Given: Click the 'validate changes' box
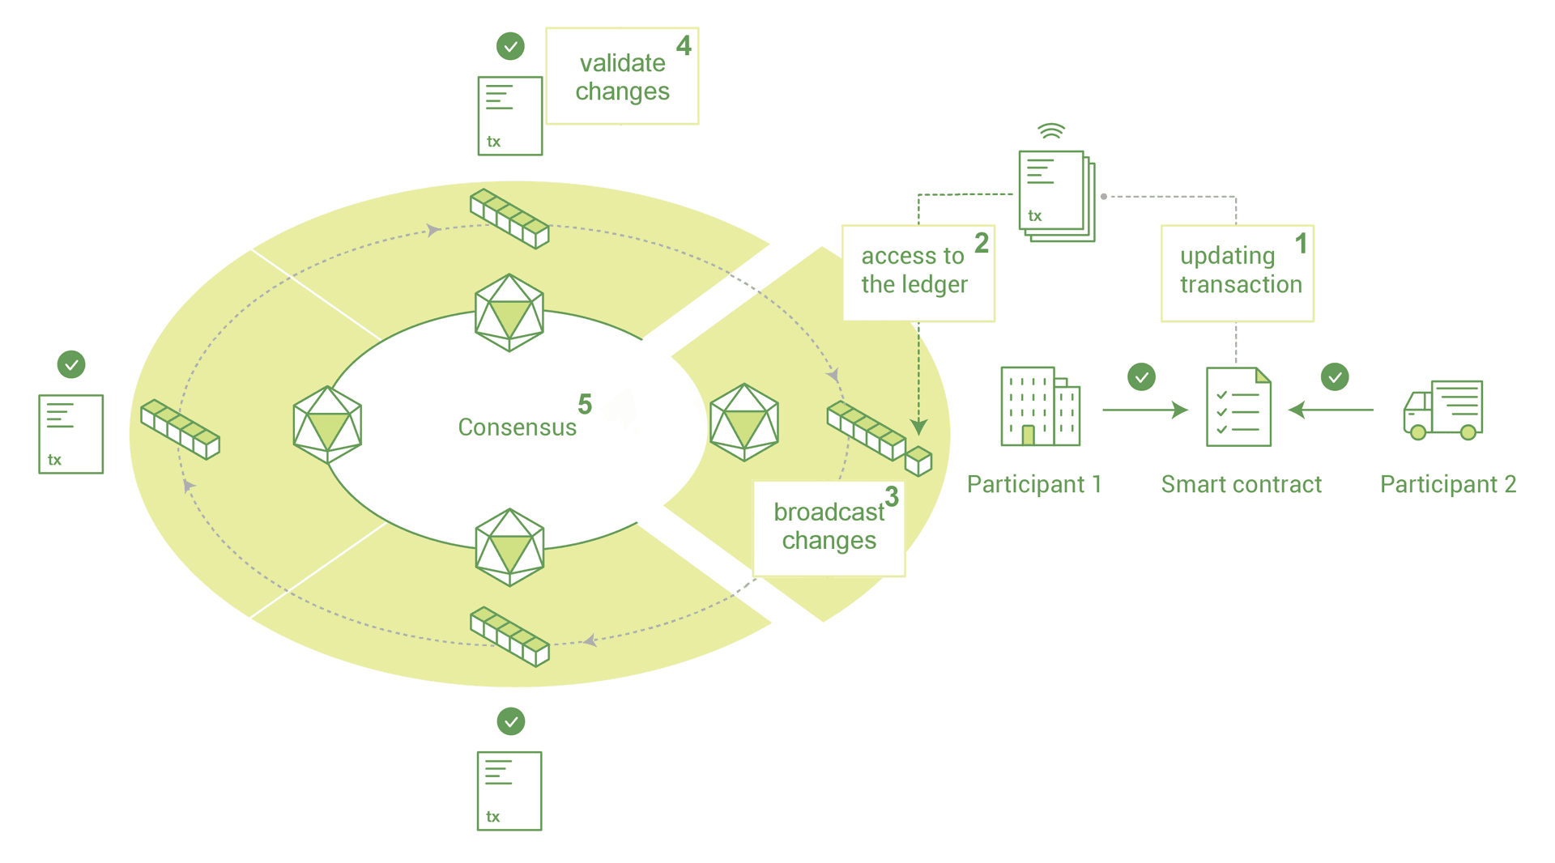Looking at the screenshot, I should [622, 76].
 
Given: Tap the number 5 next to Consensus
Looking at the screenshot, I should [585, 404].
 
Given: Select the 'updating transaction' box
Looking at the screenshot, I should [1237, 273].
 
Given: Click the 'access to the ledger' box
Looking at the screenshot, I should [918, 273].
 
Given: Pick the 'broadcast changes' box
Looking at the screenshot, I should [829, 528].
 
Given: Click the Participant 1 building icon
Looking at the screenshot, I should [1040, 406].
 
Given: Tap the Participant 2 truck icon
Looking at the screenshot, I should [1442, 410].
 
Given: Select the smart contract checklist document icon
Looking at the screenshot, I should [1238, 406].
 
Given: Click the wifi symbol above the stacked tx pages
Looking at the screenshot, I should [1051, 131].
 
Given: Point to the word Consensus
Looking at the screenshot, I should [517, 427].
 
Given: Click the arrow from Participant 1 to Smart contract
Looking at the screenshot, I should [1144, 410].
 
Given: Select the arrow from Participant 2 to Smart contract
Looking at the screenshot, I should [1331, 410].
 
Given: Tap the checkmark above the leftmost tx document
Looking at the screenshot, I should [71, 364].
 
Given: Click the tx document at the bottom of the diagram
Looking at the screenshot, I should [509, 791].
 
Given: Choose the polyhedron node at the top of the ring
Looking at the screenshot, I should [509, 312].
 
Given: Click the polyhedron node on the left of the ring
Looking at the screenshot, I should [327, 424].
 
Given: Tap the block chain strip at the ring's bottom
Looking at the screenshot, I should [509, 636].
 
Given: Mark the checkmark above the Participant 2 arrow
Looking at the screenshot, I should [1335, 376].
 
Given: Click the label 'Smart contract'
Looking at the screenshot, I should [1241, 484].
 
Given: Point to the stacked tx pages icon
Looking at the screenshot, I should [1055, 195].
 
